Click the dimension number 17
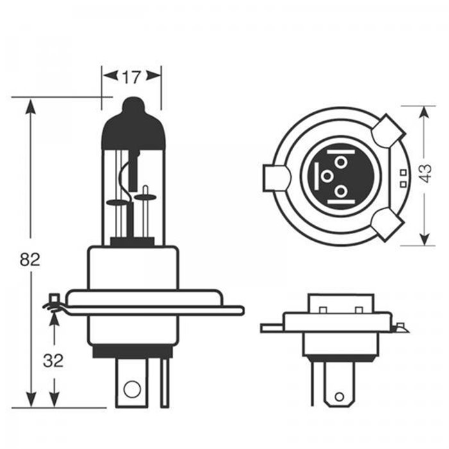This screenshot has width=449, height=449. point(131,78)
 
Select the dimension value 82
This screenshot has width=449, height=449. point(30,259)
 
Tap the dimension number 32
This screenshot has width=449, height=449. point(54,360)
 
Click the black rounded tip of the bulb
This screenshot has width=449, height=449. point(133,106)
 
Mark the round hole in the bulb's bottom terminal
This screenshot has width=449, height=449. point(132,387)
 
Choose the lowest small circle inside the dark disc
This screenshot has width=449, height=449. point(341,191)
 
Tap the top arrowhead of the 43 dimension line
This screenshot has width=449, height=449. point(424,113)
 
